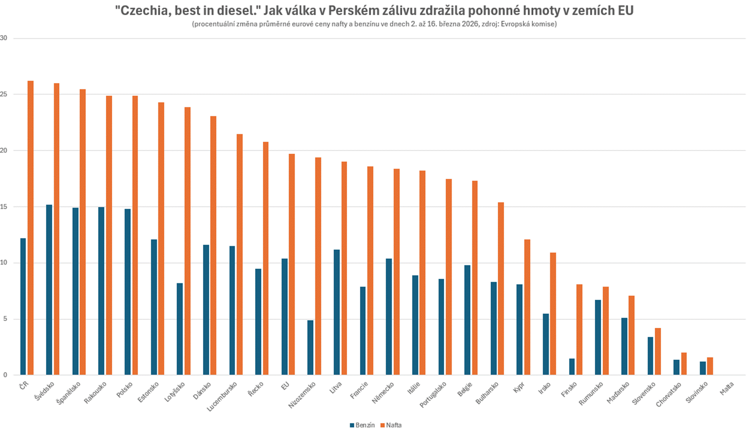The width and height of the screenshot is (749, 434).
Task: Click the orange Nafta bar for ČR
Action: (31, 228)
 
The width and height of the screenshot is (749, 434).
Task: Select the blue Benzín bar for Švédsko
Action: (49, 290)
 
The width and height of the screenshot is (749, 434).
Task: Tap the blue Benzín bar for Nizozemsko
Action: (310, 347)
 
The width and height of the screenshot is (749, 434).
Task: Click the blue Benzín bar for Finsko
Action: (572, 367)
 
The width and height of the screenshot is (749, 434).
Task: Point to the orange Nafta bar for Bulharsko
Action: (501, 289)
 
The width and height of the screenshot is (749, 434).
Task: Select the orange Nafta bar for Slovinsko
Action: (710, 366)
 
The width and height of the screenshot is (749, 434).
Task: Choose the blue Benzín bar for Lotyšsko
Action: (180, 329)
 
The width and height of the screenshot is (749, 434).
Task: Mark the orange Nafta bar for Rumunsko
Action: (606, 331)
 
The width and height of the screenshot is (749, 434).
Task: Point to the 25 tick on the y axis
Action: (4, 95)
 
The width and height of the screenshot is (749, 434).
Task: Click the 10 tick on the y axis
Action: (4, 263)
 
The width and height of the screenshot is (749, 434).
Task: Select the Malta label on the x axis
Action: (727, 389)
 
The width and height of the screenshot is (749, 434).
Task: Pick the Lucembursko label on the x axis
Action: (222, 396)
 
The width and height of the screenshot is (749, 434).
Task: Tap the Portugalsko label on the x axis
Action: (433, 394)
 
